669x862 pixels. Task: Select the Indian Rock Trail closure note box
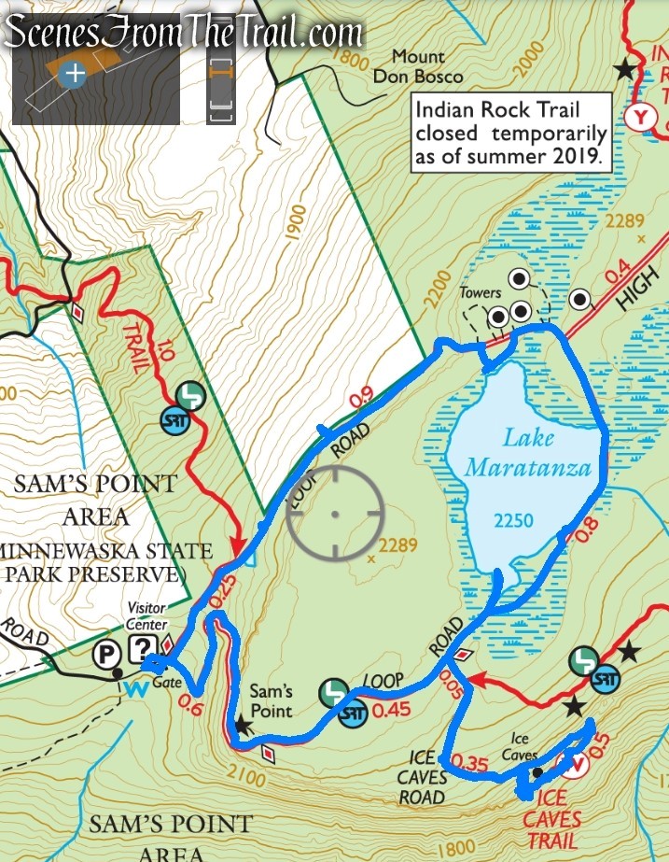[511, 132]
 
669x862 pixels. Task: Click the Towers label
[480, 293]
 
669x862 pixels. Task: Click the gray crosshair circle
[335, 513]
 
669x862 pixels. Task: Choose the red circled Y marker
[639, 117]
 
